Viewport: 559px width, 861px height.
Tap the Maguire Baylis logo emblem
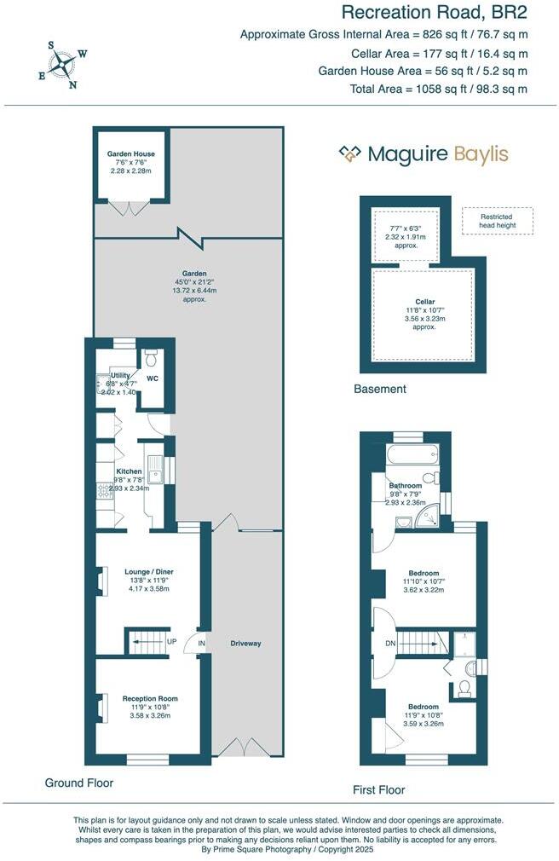[350, 153]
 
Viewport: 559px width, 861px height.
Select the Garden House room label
[131, 154]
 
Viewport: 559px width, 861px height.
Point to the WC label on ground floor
[153, 378]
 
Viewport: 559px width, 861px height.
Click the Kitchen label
[129, 471]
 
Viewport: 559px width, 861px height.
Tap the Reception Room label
[150, 698]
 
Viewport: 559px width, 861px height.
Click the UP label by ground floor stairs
[172, 641]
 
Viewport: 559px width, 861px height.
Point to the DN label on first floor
[390, 643]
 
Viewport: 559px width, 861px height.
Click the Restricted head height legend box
[498, 221]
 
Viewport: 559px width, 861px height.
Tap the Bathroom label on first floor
[406, 486]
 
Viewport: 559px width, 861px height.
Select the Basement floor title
[380, 389]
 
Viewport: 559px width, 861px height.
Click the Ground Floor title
[78, 783]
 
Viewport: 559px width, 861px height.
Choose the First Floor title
[379, 789]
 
